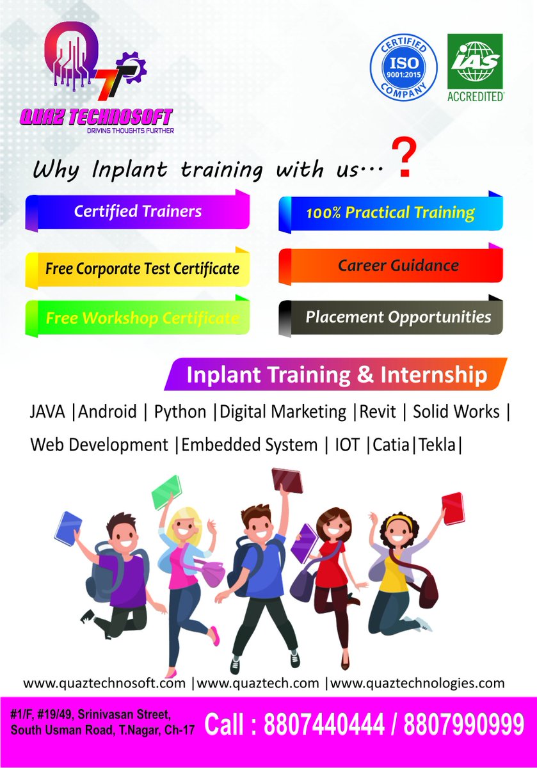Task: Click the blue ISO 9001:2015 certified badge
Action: click(404, 67)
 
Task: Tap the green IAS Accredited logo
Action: click(475, 67)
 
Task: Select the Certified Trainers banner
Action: click(138, 211)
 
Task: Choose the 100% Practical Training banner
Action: click(390, 213)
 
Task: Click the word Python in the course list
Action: click(180, 412)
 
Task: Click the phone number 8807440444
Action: click(324, 725)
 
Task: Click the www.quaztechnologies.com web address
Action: click(417, 683)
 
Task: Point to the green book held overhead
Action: click(166, 492)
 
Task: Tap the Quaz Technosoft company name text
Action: click(95, 118)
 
